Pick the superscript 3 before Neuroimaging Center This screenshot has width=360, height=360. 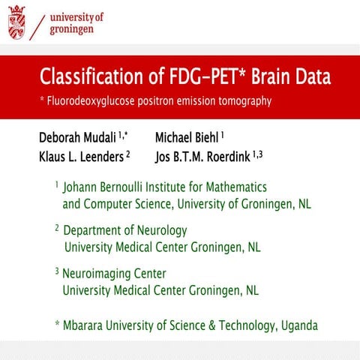point(57,271)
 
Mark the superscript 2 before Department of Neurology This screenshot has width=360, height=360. point(57,227)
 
